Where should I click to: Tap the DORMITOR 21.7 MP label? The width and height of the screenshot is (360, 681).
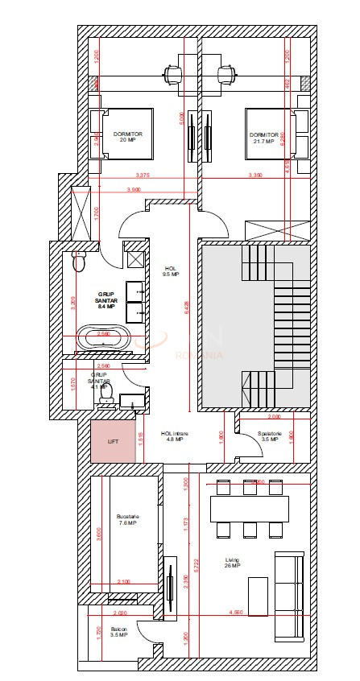tap(263, 138)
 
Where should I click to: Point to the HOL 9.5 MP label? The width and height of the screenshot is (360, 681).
tap(171, 271)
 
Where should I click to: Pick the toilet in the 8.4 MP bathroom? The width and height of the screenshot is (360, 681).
tap(79, 262)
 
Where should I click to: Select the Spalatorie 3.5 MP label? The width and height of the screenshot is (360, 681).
tap(268, 436)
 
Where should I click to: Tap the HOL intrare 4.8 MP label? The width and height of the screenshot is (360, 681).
tap(175, 436)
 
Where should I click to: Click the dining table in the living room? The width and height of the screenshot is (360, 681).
tap(249, 509)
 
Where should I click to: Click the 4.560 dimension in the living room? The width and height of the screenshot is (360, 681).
tap(236, 613)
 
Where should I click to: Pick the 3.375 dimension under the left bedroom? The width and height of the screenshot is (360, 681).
tap(143, 175)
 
